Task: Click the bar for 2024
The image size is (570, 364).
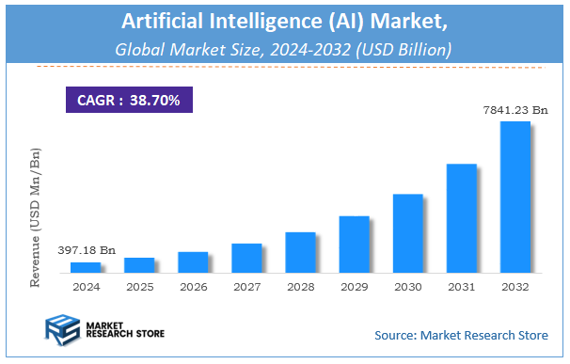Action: point(86,267)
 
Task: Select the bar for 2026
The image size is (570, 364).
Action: point(193,262)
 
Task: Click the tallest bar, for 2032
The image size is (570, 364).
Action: point(515,197)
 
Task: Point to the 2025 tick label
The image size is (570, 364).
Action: point(139,286)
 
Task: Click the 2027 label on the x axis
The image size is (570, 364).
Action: point(246,286)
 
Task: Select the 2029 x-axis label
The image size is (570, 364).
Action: point(354,286)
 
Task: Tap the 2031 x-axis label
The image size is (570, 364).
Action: point(461,286)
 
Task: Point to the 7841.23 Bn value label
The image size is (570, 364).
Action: point(514,110)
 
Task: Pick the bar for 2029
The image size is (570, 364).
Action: point(354,245)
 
